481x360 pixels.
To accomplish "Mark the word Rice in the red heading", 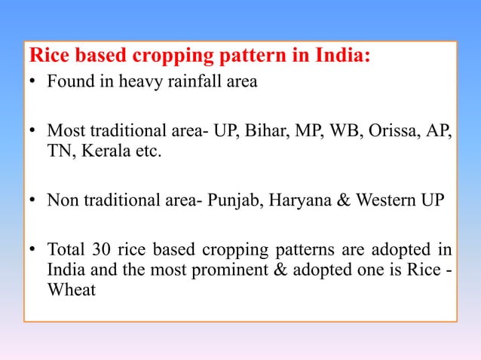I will (x=50, y=56).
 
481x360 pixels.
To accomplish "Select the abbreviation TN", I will (x=60, y=153).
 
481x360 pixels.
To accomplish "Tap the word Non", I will (x=62, y=202).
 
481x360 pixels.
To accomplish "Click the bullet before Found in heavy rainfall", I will (x=35, y=83).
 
